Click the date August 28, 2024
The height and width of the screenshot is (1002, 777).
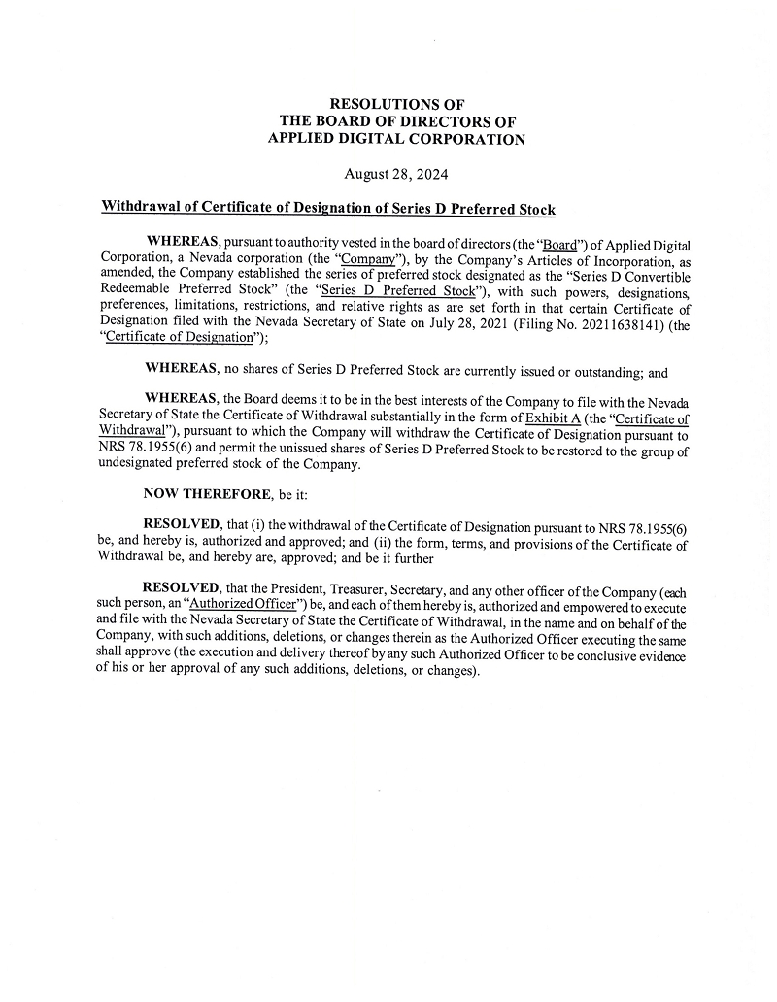(396, 174)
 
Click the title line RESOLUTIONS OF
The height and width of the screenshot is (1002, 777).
(397, 103)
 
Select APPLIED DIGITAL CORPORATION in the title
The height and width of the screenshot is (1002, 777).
(396, 139)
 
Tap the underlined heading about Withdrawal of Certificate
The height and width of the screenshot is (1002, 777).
(328, 207)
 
